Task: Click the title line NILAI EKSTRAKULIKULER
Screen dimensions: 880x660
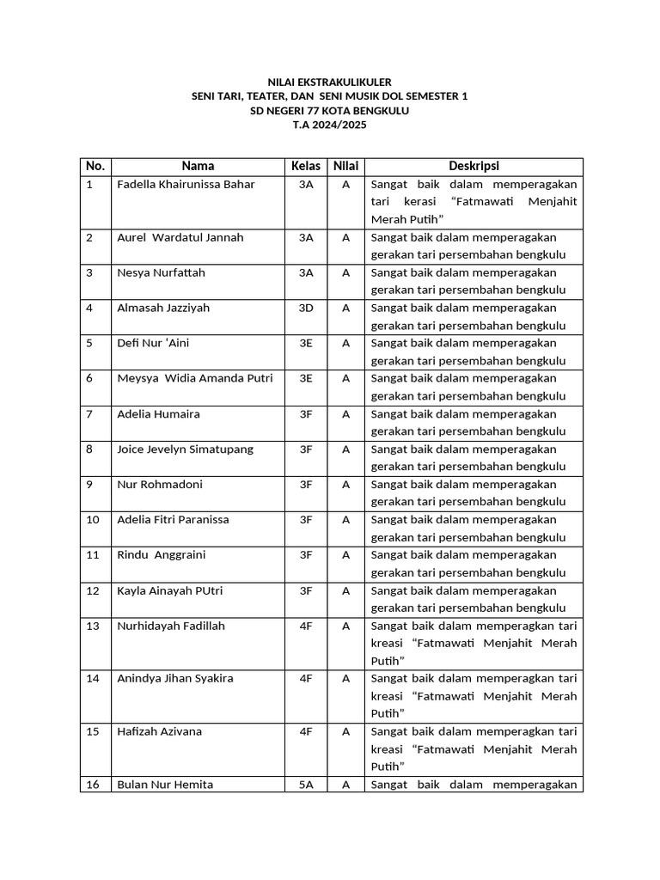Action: [x=329, y=82]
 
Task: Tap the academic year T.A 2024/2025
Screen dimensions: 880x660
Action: [x=329, y=125]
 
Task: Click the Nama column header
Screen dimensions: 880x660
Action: [x=198, y=166]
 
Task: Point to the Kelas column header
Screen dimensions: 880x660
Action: [x=306, y=166]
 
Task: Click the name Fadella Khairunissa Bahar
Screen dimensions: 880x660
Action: [x=186, y=185]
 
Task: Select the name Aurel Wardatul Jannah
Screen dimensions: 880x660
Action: [x=180, y=237]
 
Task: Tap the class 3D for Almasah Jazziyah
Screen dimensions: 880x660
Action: [x=306, y=308]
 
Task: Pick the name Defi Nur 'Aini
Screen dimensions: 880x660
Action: [x=153, y=343]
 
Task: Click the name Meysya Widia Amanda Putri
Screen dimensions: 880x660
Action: [x=195, y=378]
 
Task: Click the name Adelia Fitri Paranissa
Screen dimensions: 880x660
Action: [x=173, y=519]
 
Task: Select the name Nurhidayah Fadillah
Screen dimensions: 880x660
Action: [x=171, y=626]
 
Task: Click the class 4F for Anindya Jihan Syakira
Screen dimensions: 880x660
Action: [x=306, y=678]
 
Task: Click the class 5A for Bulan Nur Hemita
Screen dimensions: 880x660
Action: [x=306, y=785]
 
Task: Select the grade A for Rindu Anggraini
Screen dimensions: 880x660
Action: [x=345, y=554]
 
